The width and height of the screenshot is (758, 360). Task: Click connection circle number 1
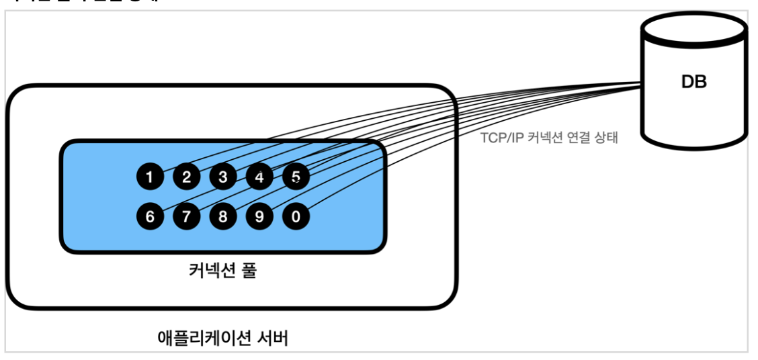[x=150, y=177]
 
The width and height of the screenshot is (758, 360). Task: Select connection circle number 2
[x=187, y=177]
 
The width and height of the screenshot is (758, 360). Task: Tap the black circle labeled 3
[x=222, y=177]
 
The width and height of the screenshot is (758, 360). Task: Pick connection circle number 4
[x=259, y=177]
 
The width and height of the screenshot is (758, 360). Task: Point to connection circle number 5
[x=296, y=177]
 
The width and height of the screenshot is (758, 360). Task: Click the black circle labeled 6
[x=150, y=216]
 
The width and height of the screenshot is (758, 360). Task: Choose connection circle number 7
[x=187, y=216]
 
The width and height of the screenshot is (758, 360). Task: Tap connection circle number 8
[x=222, y=216]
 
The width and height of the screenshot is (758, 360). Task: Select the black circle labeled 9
[x=259, y=216]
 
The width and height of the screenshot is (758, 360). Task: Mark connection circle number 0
[x=296, y=216]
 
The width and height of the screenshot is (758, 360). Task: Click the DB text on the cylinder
[x=694, y=83]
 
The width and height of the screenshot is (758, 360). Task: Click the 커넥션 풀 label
[x=222, y=272]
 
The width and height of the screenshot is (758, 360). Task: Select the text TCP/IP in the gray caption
[x=498, y=139]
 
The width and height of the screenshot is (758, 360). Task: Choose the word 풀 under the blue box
[x=248, y=272]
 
